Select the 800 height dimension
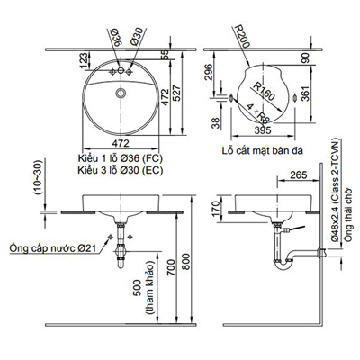click(x=188, y=266)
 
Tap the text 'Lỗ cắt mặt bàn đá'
click(x=261, y=153)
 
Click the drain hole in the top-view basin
click(x=120, y=93)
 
